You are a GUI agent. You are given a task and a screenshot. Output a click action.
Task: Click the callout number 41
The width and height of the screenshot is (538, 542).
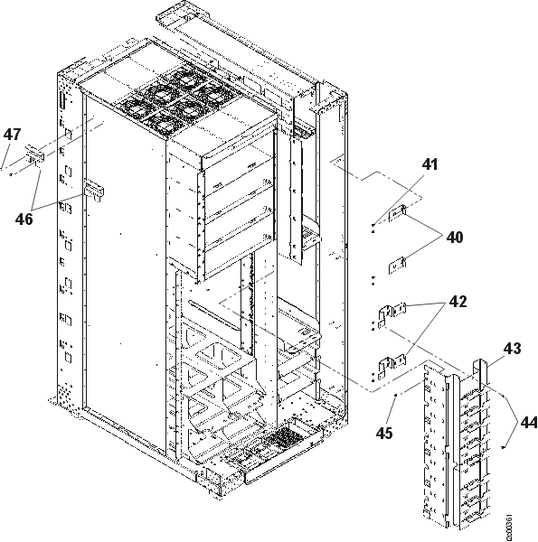pos(429,164)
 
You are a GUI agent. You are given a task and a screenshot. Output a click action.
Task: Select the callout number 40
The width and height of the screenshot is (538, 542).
pos(454,238)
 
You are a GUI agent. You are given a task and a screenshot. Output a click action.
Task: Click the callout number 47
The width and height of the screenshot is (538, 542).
pos(12,135)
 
